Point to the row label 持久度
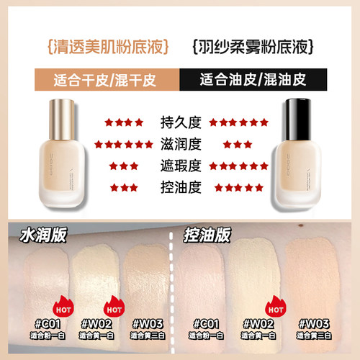click(179, 122)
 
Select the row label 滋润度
click(179, 144)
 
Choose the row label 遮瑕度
click(179, 166)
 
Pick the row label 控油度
click(179, 188)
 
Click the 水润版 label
click(35, 235)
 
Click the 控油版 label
click(208, 235)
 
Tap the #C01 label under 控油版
click(204, 324)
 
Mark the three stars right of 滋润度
click(237, 145)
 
